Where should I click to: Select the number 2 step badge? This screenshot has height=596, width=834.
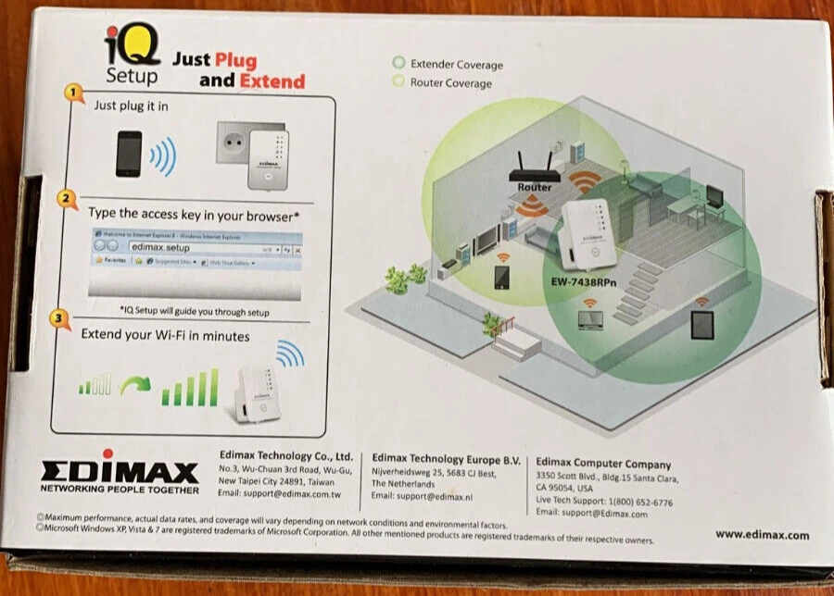(66, 198)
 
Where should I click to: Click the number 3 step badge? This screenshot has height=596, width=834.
(59, 320)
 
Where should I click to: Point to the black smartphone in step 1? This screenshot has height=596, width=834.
(129, 154)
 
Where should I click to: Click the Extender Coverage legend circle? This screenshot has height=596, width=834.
(398, 63)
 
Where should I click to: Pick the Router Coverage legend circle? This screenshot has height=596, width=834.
(398, 81)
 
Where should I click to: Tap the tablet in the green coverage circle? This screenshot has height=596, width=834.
(701, 325)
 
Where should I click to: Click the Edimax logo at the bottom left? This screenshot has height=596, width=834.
(119, 469)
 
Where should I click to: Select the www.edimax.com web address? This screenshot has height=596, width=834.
(762, 535)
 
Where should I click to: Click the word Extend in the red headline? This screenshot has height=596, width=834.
(272, 81)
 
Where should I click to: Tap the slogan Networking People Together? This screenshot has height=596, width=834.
(119, 490)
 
